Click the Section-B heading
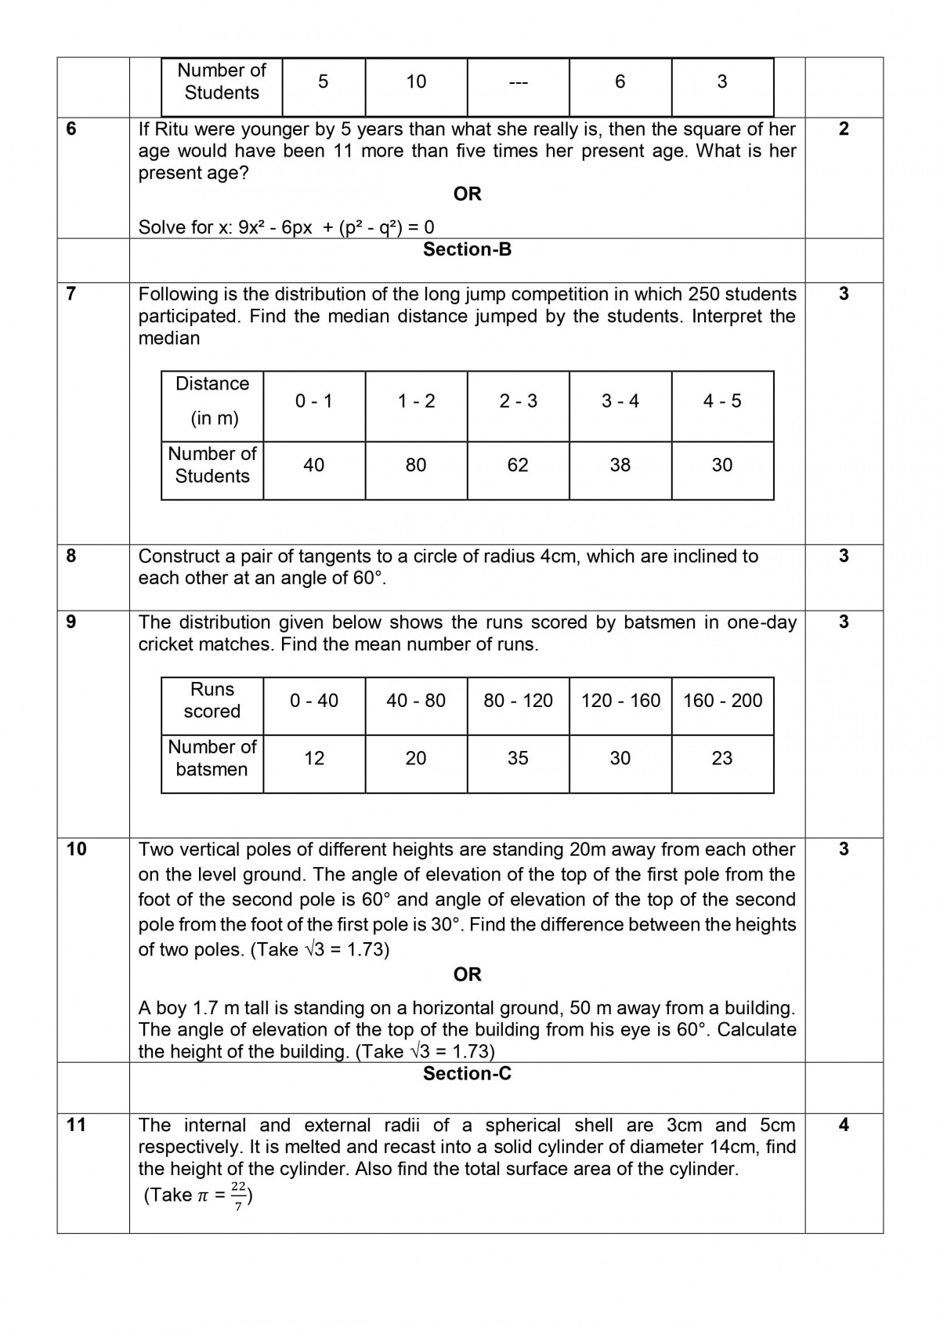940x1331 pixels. (467, 249)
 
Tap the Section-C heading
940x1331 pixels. (467, 1074)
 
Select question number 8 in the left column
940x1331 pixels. (71, 556)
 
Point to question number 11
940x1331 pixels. (76, 1125)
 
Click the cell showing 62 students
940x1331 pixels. (518, 465)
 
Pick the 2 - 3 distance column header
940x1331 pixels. (518, 401)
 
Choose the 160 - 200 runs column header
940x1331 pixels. (722, 701)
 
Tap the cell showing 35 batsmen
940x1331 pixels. (518, 758)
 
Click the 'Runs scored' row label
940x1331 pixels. (212, 700)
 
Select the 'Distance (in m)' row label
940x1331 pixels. (212, 401)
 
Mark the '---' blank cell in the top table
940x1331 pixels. (518, 82)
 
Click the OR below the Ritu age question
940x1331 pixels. (467, 194)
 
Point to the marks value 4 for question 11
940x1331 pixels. (844, 1125)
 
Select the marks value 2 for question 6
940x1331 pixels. (844, 129)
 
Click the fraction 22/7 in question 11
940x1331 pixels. (239, 1195)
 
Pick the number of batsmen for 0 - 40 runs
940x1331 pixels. (314, 758)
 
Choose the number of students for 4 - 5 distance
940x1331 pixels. (722, 465)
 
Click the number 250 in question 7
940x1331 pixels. (703, 295)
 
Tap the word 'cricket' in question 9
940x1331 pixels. (168, 644)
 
